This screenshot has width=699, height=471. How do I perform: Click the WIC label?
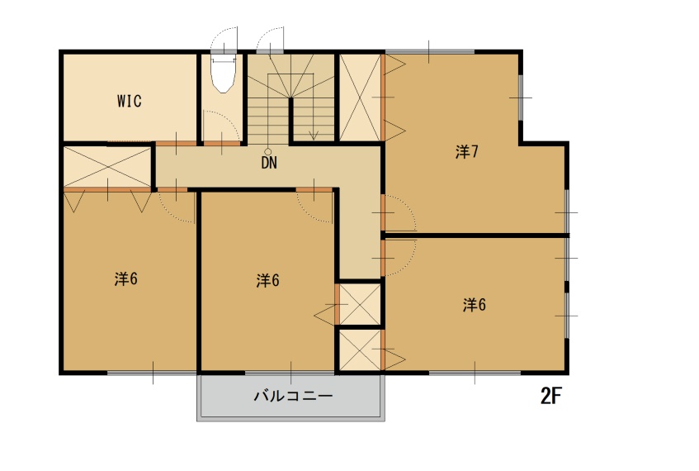[x=130, y=101]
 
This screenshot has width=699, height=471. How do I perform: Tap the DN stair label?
[x=269, y=163]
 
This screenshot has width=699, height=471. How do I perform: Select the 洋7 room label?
[x=467, y=152]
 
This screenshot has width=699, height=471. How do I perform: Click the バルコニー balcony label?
[x=293, y=396]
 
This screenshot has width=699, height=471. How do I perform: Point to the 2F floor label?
[x=551, y=396]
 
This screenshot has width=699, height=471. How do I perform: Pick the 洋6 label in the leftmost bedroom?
[x=125, y=279]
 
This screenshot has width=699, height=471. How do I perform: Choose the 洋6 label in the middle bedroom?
[x=268, y=280]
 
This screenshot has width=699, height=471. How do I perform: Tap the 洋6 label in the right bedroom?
[x=474, y=305]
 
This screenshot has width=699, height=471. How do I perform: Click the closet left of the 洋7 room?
[x=360, y=98]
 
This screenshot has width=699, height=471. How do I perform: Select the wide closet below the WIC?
[x=107, y=167]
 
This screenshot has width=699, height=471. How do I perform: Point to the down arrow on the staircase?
[x=314, y=133]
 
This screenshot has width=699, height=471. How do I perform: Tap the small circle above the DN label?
[x=268, y=152]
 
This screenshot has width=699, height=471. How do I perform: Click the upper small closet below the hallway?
[x=360, y=304]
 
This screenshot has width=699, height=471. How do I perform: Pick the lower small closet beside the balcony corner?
[x=360, y=350]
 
